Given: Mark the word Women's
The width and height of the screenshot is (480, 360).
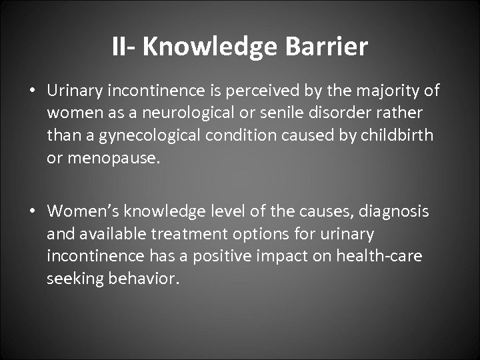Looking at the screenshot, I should click(x=82, y=211).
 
